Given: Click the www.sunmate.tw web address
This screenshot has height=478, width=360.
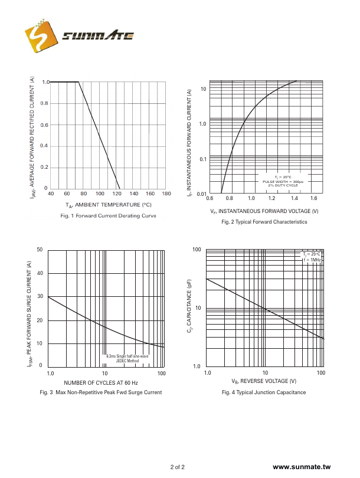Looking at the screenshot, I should click(x=302, y=467).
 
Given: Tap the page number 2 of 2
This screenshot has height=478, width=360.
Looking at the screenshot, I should click(x=178, y=467).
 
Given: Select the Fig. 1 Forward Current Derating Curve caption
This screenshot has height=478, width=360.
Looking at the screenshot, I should click(x=108, y=216).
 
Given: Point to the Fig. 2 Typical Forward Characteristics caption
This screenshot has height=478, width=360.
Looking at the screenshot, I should click(x=264, y=222).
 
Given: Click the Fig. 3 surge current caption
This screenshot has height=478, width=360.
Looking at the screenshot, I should click(x=100, y=392).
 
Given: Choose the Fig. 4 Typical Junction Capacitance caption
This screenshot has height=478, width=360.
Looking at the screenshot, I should click(x=264, y=392).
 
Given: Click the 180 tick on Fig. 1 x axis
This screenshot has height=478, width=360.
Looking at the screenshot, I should click(x=166, y=194).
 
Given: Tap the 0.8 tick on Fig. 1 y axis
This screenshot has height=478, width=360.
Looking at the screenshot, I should click(x=44, y=103).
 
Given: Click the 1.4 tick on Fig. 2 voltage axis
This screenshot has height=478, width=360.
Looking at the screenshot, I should click(x=293, y=198).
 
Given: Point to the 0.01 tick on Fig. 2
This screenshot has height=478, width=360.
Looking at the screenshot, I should click(x=201, y=194).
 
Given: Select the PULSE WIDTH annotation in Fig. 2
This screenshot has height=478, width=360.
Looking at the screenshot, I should click(x=283, y=182).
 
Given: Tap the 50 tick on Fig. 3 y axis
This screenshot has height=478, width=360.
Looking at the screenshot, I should click(x=40, y=250).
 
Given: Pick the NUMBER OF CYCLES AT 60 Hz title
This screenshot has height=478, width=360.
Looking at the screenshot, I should click(x=100, y=383).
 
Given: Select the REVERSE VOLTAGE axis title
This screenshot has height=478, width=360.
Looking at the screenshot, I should click(x=264, y=381).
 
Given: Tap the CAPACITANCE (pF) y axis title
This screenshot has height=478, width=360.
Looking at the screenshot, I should click(x=190, y=307).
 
